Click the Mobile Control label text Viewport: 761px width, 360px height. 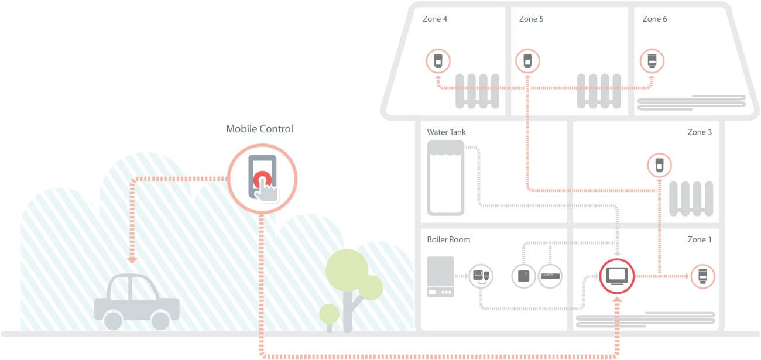[x=259, y=129]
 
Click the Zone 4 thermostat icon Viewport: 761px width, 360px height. [x=437, y=61]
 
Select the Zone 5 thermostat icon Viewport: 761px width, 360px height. [x=527, y=61]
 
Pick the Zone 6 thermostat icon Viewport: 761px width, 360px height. [x=652, y=61]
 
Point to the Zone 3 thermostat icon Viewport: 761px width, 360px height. [x=659, y=165]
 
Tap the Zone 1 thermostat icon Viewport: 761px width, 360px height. [x=702, y=276]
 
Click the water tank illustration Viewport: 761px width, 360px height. [x=445, y=177]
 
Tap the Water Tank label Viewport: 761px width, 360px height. [x=446, y=132]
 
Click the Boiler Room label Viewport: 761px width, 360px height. [x=448, y=239]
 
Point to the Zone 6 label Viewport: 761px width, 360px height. [x=654, y=19]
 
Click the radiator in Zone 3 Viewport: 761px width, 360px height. [x=691, y=198]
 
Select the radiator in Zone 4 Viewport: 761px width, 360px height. [x=477, y=91]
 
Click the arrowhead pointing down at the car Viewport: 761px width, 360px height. [x=132, y=259]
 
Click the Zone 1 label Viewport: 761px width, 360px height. [x=700, y=239]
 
